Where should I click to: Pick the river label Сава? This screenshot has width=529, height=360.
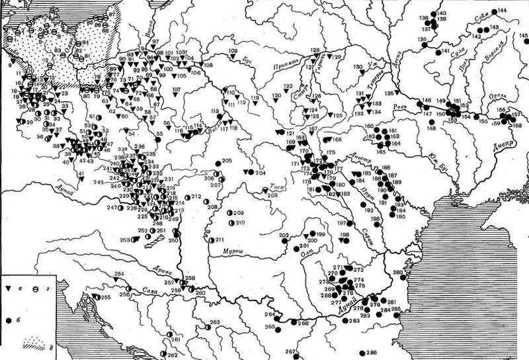(x=148, y=288)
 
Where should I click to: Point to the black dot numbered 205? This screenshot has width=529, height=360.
(x=218, y=163)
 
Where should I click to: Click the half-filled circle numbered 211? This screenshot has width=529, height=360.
(x=211, y=240)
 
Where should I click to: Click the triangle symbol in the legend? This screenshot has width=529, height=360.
(x=9, y=290)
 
